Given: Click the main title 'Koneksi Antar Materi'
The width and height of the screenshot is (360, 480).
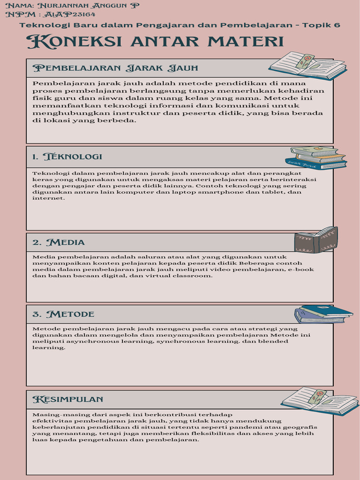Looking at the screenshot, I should [x=155, y=42].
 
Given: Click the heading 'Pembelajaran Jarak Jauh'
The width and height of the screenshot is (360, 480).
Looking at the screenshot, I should [x=115, y=68].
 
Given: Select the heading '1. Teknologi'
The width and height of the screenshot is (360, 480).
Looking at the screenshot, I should [x=67, y=157].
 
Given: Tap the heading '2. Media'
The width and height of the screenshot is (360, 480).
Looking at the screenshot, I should [x=59, y=242].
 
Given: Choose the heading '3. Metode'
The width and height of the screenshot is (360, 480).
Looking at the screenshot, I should [x=63, y=314].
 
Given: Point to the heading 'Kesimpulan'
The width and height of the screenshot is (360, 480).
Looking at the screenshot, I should [x=67, y=399].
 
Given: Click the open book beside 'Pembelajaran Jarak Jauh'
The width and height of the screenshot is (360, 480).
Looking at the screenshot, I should [x=307, y=66].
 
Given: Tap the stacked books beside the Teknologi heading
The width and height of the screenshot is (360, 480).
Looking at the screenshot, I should [x=318, y=157].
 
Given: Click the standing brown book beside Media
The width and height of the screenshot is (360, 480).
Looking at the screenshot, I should [x=316, y=240].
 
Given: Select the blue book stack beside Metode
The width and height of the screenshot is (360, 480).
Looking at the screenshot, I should [x=323, y=314].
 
